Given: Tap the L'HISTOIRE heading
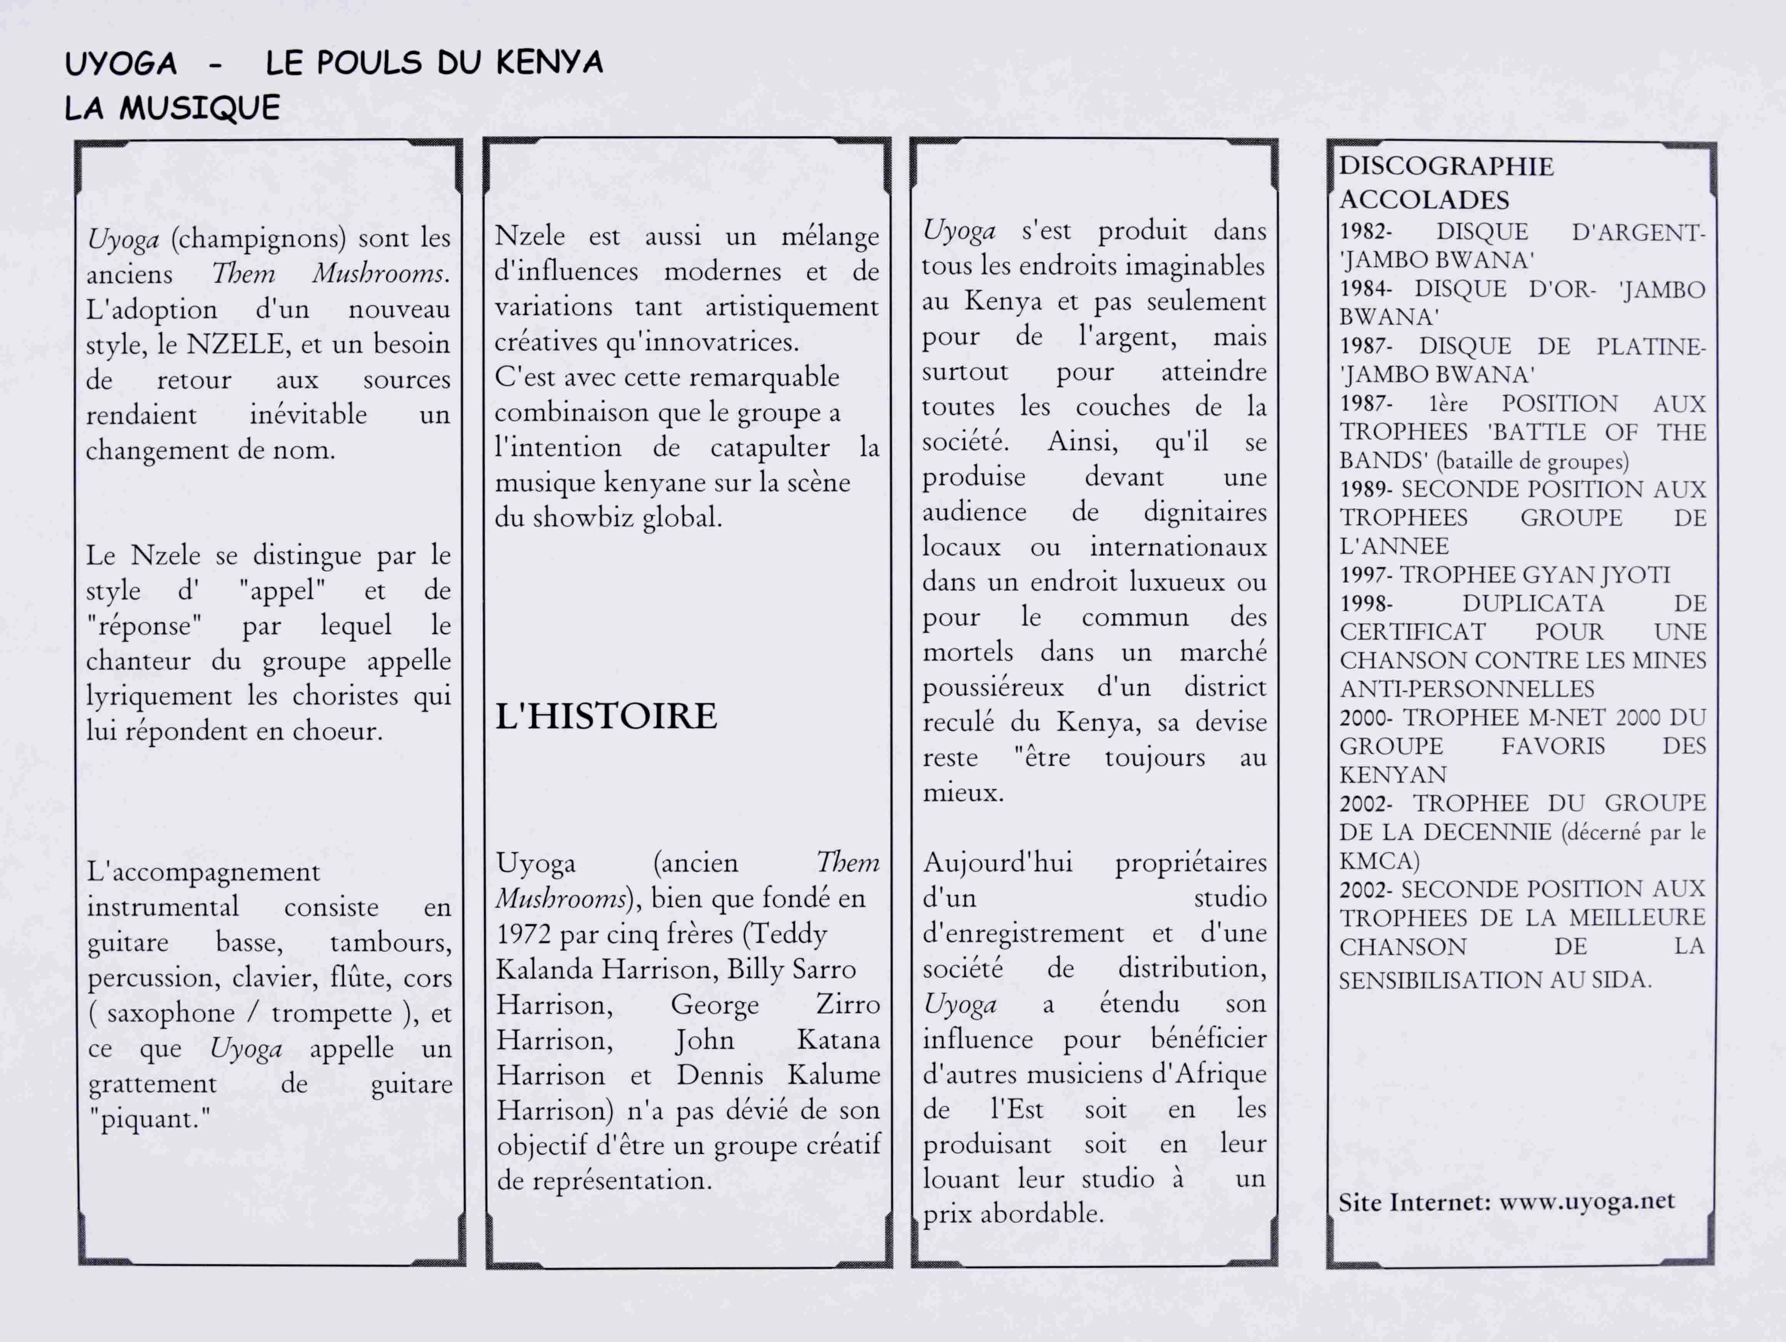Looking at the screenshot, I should (x=606, y=716).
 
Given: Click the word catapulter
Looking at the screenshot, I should (x=769, y=447).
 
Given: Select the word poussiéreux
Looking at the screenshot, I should (x=993, y=687).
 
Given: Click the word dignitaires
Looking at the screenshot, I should (x=1205, y=512).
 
